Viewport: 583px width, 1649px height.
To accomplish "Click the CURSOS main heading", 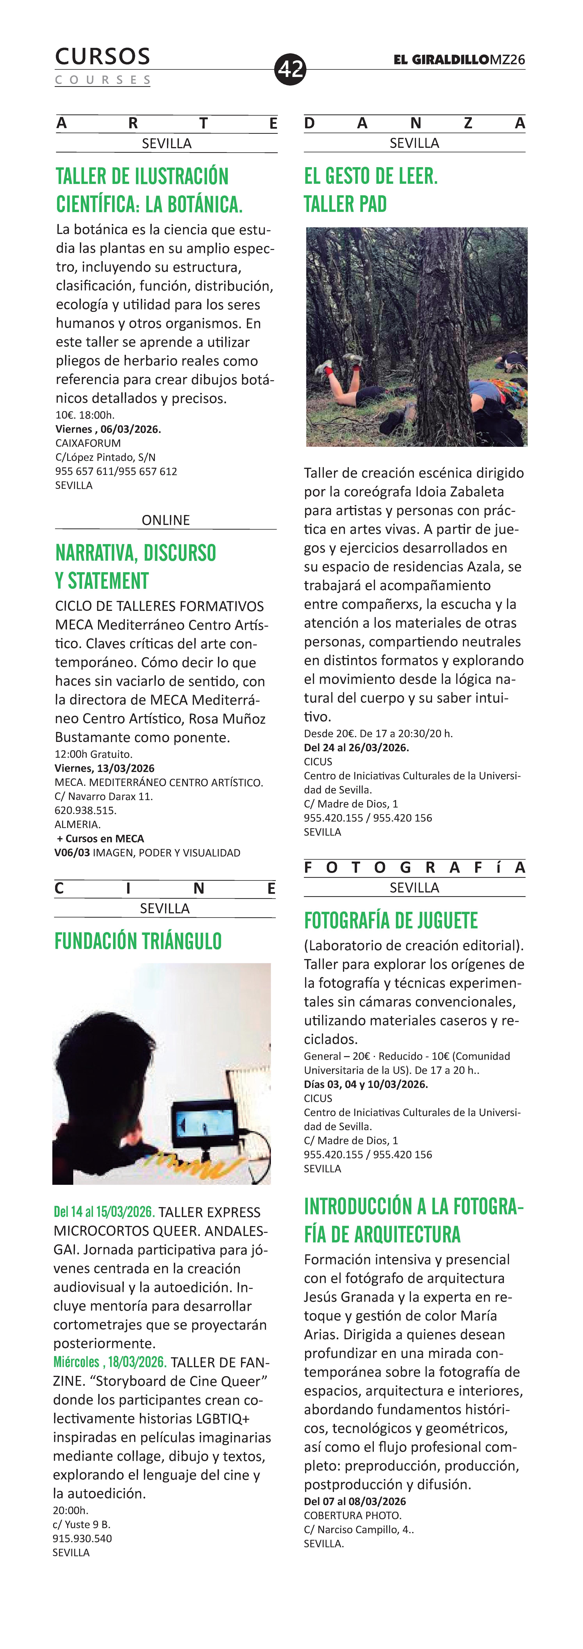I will coord(102,56).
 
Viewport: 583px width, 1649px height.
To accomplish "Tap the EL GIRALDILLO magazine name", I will coord(442,60).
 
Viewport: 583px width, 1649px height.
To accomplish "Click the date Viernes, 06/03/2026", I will coord(108,429).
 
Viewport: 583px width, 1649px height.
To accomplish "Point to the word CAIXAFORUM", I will coord(88,443).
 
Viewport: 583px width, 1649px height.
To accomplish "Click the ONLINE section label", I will coord(166,520).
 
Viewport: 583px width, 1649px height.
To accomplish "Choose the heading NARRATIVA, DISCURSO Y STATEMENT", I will coord(136,567).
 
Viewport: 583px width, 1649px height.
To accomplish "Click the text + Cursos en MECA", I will coord(100,839).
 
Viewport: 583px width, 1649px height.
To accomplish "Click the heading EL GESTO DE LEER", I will coord(371,176).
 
